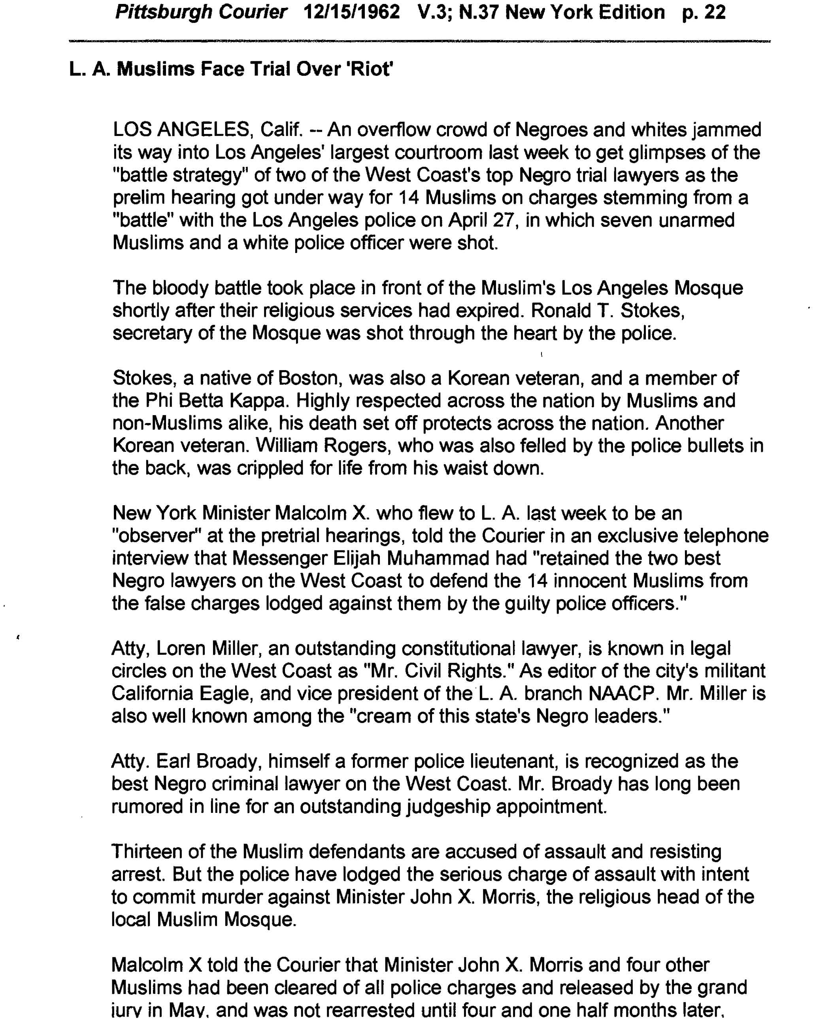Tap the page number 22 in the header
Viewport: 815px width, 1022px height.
coord(715,12)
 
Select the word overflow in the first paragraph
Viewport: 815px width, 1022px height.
coord(393,129)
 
